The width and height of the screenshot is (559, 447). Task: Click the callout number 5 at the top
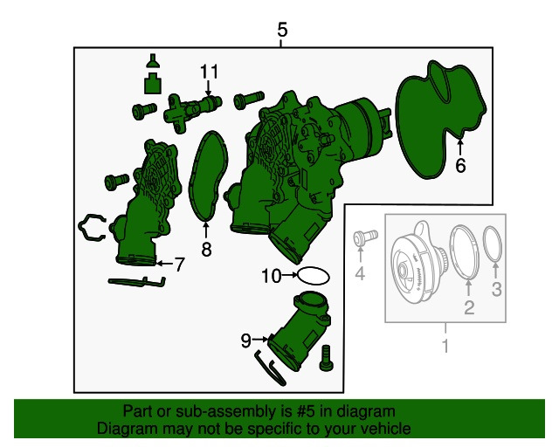[x=282, y=30]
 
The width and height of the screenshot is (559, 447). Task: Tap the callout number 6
[x=460, y=166]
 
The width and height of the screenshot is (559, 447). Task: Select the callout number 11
[x=209, y=72]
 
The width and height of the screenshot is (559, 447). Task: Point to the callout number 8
[x=206, y=249]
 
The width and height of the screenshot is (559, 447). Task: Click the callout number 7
[x=179, y=265]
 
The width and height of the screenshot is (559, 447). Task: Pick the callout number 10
[x=272, y=276]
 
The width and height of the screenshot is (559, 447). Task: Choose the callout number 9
[x=246, y=340]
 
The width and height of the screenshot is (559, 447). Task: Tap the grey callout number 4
[x=360, y=274]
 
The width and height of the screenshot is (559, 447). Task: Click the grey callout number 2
[x=469, y=307]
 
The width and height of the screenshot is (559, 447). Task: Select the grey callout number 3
[x=497, y=289]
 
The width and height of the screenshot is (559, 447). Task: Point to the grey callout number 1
[x=445, y=346]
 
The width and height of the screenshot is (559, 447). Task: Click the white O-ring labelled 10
[x=313, y=276]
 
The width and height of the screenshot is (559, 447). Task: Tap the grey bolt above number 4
[x=365, y=237]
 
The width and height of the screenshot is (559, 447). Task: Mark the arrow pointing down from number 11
[x=208, y=88]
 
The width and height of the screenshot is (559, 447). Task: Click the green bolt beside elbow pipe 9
[x=326, y=358]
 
